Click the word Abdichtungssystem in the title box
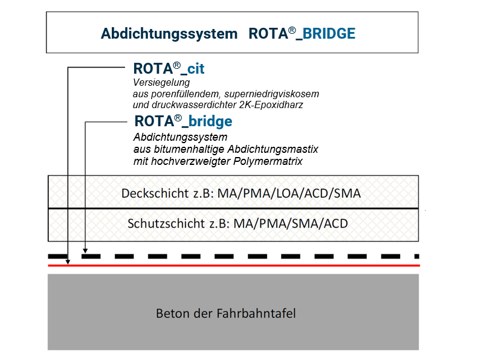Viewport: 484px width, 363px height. pos(169,33)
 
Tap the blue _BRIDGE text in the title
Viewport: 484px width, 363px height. pos(329,33)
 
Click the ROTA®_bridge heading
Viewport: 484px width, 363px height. pos(182,121)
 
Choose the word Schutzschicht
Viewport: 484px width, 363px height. pos(158,223)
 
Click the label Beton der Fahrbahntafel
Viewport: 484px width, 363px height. pos(226,313)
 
